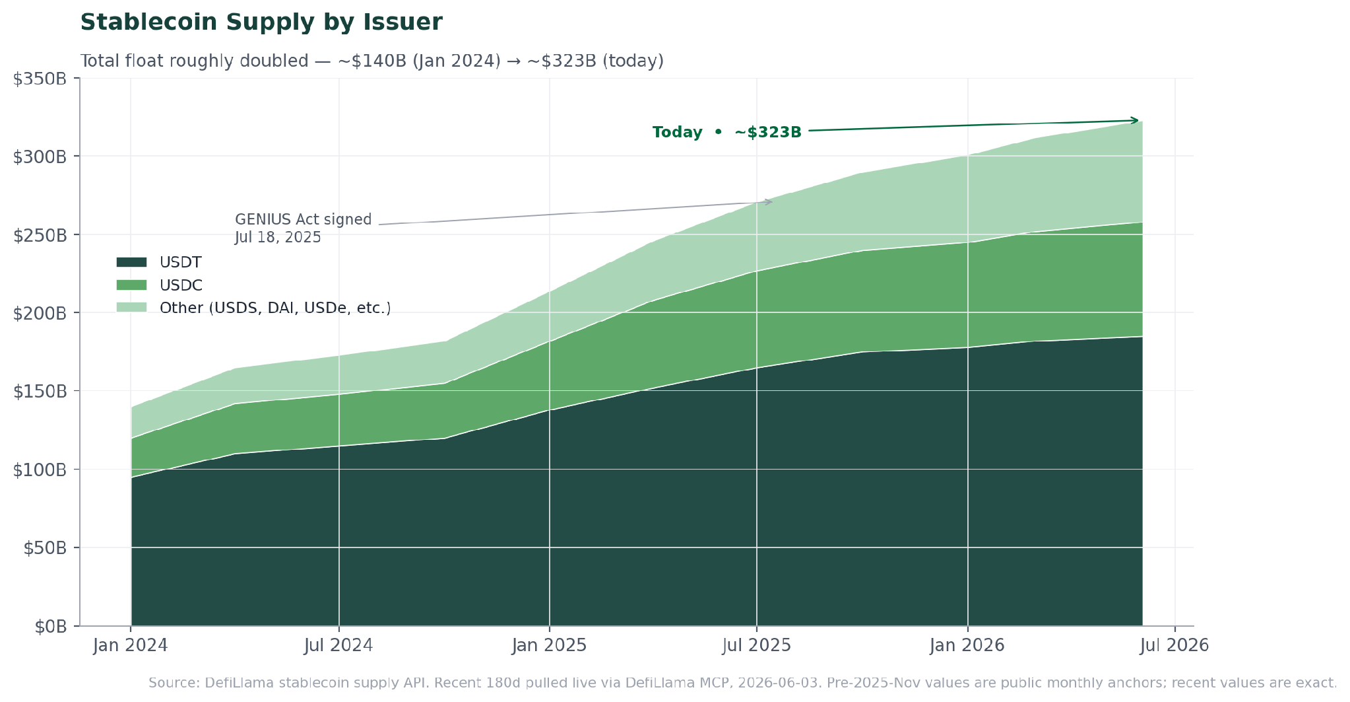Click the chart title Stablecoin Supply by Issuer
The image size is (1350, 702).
pos(261,22)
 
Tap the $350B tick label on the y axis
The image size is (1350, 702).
pos(40,79)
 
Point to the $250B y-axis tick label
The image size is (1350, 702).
pos(40,236)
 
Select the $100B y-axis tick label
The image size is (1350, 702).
pos(40,470)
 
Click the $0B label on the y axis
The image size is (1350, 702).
pos(51,627)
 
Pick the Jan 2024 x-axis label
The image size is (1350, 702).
pos(131,645)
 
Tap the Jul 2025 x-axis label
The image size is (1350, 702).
pos(757,645)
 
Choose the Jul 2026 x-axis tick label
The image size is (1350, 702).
pos(1174,645)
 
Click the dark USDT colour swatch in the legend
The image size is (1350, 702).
pos(131,262)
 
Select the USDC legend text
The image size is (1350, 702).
pos(181,285)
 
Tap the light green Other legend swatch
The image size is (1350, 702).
pos(131,308)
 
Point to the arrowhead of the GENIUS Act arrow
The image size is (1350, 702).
pos(771,201)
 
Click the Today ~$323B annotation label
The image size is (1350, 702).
pos(727,132)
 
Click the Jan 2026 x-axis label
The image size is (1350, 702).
pos(967,645)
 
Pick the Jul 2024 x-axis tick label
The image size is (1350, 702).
pos(338,645)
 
